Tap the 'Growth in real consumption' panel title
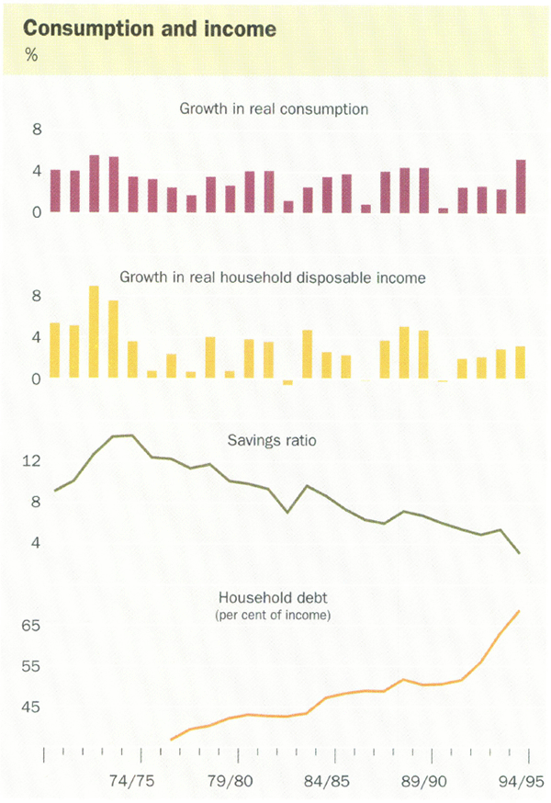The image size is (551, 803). pos(274,109)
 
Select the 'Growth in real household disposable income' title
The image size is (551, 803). pos(274,277)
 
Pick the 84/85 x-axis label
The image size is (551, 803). pos(317,782)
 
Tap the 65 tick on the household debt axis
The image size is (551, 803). pos(31,625)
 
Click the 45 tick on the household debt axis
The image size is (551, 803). pos(31,707)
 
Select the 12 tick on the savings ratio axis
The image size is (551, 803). pos(31,460)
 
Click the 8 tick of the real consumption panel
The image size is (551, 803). pos(38,130)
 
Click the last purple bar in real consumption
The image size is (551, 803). pos(521,187)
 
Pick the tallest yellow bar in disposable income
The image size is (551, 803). pos(94,333)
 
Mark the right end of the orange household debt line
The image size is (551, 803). pos(520,611)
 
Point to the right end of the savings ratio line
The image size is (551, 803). pos(520,553)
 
